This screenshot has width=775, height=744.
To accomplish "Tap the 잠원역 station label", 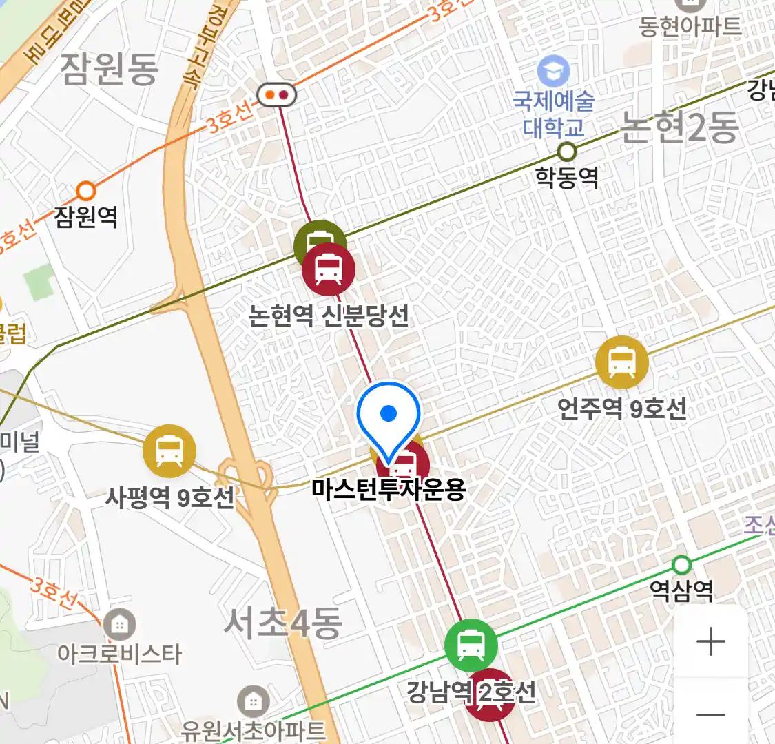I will point(86,217).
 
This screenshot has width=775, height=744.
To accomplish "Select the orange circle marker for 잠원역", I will point(86,190).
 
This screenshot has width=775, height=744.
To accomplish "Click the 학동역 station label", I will point(567,178).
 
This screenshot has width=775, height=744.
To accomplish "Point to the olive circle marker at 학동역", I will point(567,151).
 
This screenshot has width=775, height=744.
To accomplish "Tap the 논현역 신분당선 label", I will point(329,316).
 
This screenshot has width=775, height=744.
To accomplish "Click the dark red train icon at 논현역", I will point(329,269).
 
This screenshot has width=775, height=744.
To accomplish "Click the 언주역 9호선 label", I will point(622,409).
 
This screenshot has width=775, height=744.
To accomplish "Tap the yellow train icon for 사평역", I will point(169,451).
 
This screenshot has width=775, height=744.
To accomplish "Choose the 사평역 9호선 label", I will point(169,497).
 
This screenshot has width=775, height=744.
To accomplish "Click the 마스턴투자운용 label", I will point(389,489).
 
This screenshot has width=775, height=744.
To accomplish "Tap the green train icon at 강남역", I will point(471,645).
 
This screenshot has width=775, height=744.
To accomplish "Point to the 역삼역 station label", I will point(681,590).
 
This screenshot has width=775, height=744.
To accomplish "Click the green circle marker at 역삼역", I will point(681,565).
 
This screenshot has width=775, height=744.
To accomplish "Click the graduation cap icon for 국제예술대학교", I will point(554,72).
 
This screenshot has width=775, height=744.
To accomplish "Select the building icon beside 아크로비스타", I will point(120,626).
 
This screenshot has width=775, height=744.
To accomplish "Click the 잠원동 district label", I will point(110,70).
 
